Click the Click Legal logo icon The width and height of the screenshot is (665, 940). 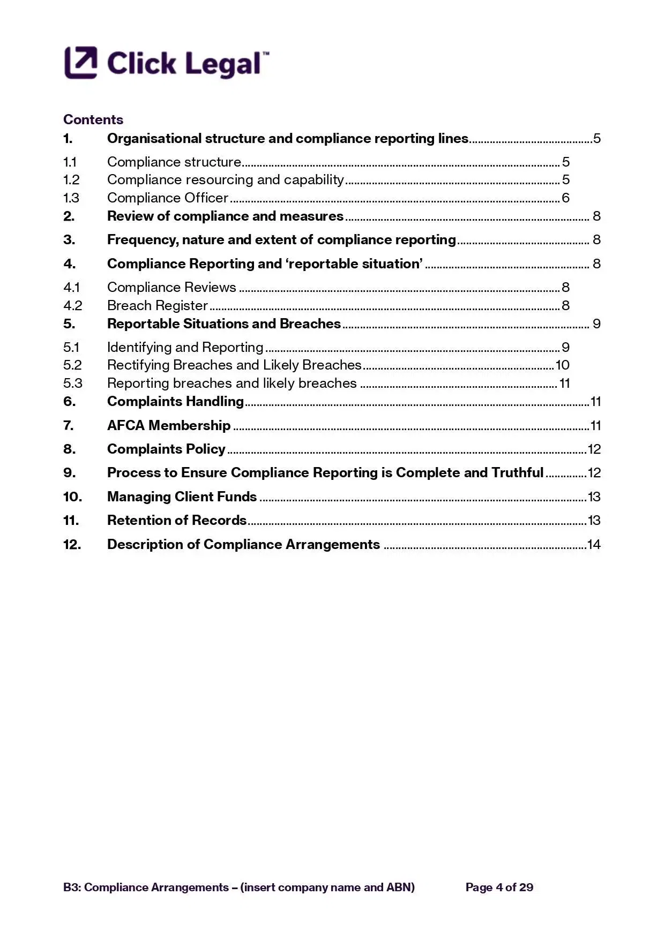[81, 63]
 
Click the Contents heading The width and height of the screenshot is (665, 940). [93, 119]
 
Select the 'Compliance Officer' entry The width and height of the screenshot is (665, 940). [168, 198]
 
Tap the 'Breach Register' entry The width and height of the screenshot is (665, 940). [157, 306]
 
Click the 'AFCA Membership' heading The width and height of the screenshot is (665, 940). [169, 426]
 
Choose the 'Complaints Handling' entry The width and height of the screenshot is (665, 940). [175, 402]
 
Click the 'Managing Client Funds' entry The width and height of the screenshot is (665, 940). [182, 497]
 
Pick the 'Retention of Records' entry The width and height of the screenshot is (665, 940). [177, 521]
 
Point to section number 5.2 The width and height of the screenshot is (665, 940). [72, 365]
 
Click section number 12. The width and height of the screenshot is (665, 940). [72, 545]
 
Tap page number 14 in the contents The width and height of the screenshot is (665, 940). [594, 545]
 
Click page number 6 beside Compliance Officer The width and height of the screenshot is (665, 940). [565, 198]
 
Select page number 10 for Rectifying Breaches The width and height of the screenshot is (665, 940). [562, 365]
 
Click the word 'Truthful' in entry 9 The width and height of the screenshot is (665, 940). [517, 473]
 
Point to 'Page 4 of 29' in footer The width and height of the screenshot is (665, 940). [499, 888]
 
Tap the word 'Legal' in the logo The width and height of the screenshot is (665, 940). [222, 64]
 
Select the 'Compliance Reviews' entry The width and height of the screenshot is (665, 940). [171, 288]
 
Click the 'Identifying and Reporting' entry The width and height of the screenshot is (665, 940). [185, 348]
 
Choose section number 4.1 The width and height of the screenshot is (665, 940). [71, 288]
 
